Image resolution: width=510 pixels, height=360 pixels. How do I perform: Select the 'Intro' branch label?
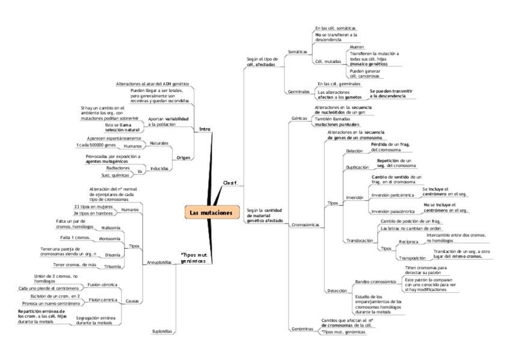pos(204,129)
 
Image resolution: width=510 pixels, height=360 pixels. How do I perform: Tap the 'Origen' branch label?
pos(183,157)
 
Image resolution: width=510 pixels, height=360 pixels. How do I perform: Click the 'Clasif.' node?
pos(230,182)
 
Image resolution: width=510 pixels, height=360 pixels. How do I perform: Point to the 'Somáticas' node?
pos(298,52)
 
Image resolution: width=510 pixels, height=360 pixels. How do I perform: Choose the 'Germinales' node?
pos(299,92)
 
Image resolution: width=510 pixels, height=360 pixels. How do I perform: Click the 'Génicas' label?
pos(299,118)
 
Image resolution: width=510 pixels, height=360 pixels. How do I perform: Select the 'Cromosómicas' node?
pos(305,225)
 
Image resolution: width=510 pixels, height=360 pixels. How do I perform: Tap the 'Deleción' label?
pos(355,151)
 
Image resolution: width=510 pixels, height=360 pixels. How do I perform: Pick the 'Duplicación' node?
pos(358,167)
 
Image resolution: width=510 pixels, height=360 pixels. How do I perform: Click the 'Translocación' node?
pos(360,240)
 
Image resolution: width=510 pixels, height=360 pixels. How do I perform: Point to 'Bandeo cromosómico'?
pos(375,281)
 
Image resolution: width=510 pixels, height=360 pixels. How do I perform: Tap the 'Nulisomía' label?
pos(111,228)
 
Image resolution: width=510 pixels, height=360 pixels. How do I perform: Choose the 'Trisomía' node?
pos(113,266)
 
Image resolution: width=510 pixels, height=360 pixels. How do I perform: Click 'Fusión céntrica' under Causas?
pos(102,284)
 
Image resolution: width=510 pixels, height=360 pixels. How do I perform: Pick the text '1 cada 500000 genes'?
pos(95,145)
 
